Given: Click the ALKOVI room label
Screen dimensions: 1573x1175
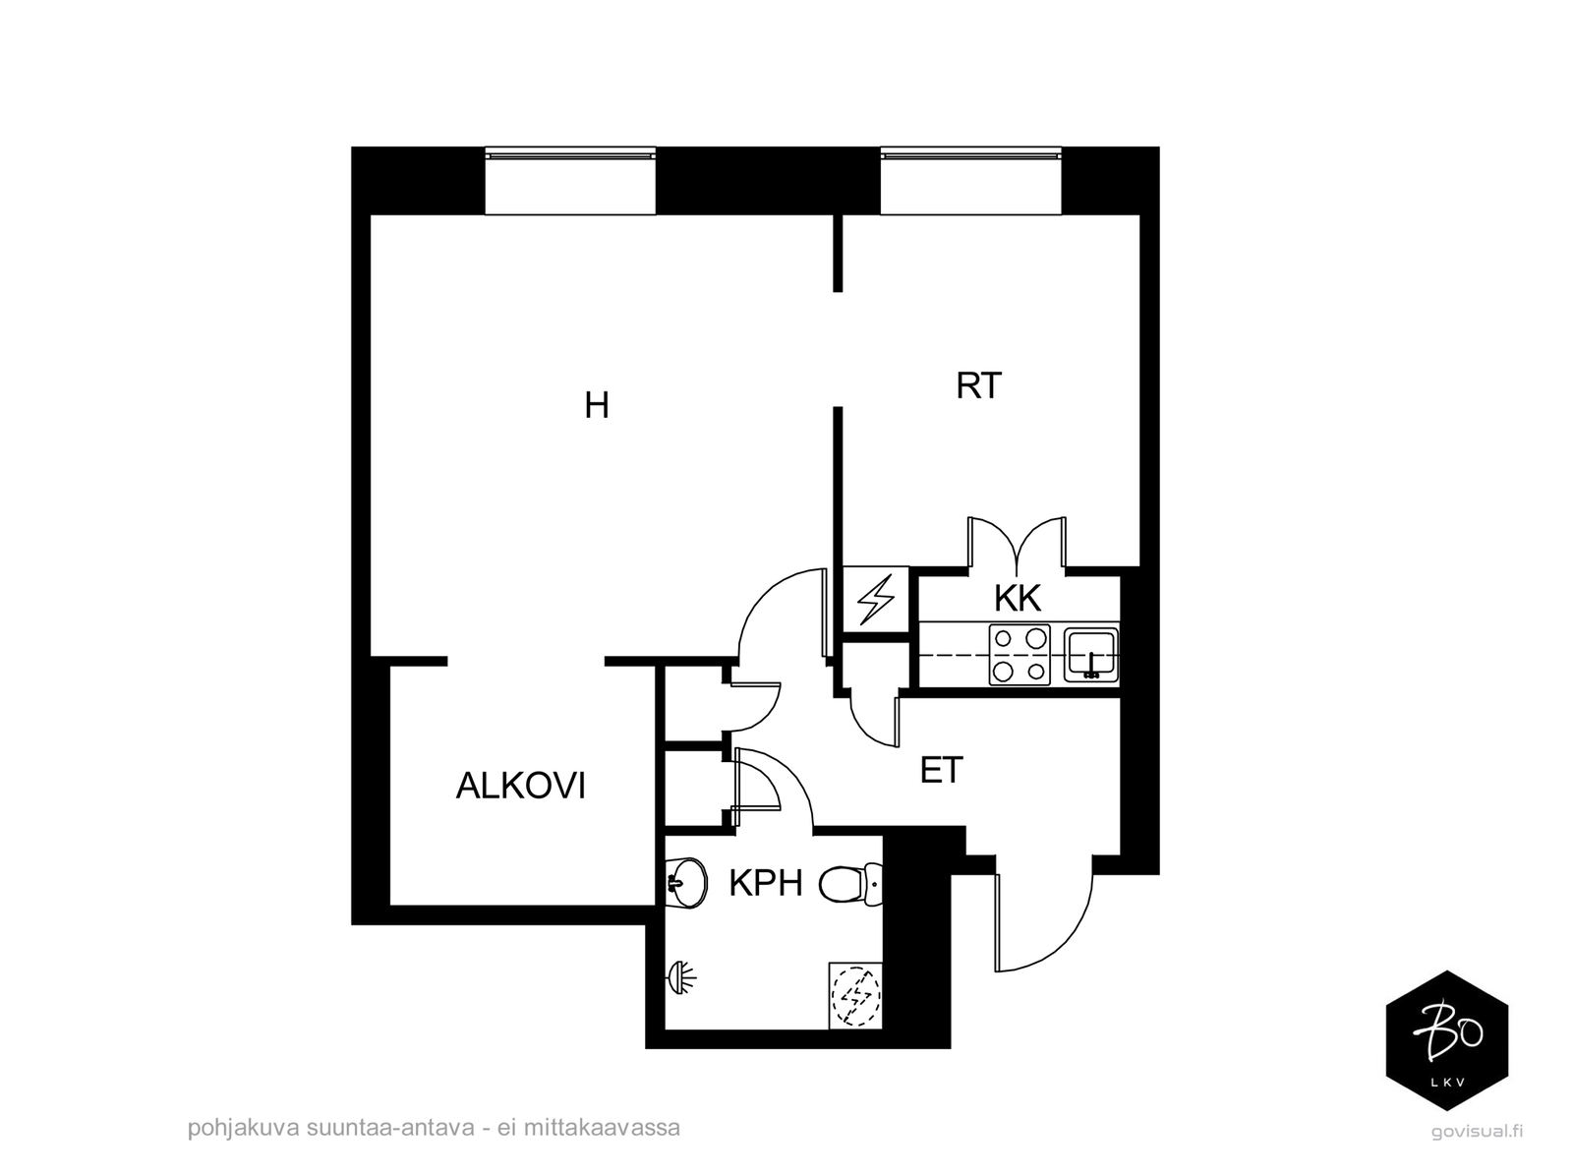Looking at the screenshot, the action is click(x=521, y=786).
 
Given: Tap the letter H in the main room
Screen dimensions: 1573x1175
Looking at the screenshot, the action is click(x=597, y=405).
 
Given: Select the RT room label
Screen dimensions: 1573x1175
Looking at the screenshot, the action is click(x=978, y=385).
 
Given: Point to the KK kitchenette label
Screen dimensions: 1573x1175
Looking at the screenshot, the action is click(x=1018, y=598).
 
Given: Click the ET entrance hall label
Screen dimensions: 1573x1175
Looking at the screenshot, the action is click(x=941, y=770).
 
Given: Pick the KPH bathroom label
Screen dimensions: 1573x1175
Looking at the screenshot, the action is click(x=765, y=883).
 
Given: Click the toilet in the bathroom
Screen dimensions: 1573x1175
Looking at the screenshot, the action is click(x=850, y=884).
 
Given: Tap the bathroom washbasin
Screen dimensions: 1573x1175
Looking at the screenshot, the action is click(x=686, y=883).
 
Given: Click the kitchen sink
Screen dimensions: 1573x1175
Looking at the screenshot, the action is click(x=1090, y=655).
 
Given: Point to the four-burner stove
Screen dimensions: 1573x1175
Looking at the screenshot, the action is click(x=1020, y=655).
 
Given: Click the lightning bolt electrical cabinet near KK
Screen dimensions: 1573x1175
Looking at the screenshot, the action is click(x=876, y=599).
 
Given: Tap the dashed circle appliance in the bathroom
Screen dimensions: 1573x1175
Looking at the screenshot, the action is click(x=855, y=997).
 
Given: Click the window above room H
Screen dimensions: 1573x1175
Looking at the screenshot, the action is click(x=569, y=181).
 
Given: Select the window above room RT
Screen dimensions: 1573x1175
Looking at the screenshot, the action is click(x=970, y=181).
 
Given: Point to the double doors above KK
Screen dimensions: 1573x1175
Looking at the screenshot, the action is click(x=1017, y=543).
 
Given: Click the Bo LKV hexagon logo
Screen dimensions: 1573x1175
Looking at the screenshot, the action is click(x=1447, y=1040).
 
